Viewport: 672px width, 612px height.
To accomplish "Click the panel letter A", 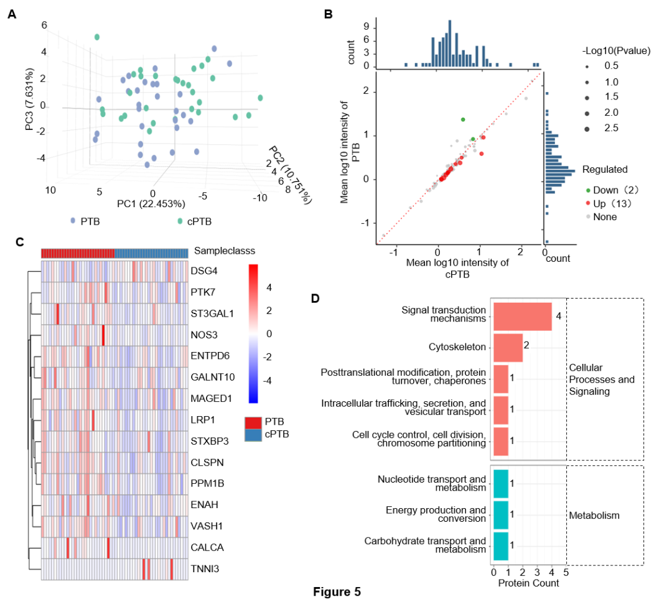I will (12, 14).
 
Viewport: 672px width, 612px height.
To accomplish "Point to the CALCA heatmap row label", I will (207, 548).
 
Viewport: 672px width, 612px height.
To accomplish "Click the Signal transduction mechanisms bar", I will (522, 316).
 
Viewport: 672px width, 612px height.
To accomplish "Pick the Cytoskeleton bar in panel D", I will (508, 347).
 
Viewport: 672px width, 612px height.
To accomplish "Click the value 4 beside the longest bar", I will (559, 316).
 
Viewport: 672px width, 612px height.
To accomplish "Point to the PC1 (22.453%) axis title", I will (151, 203).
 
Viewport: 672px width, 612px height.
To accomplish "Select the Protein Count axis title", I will (528, 583).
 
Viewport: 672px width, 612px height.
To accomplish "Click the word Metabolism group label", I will (594, 516).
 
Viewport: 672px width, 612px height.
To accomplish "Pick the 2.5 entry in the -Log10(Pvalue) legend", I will (611, 128).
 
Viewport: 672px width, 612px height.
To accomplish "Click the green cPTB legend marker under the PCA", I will (180, 221).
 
